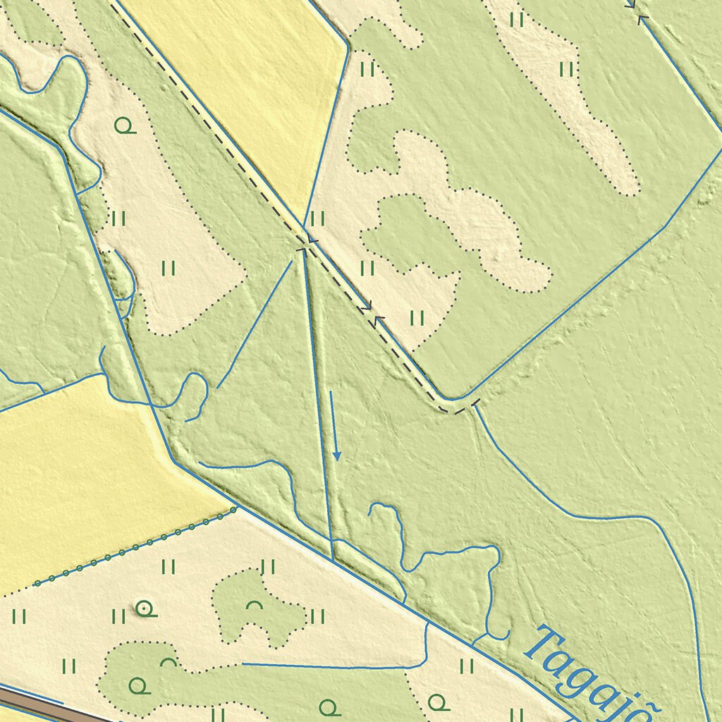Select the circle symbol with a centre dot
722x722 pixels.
pyautogui.click(x=145, y=607)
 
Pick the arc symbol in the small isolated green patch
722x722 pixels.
pyautogui.click(x=254, y=605)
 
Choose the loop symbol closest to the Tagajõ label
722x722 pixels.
pyautogui.click(x=438, y=702)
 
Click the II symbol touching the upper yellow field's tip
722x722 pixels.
pyautogui.click(x=317, y=219)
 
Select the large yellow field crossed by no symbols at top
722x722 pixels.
pyautogui.click(x=240, y=78)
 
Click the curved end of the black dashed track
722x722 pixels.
pyautogui.click(x=455, y=409)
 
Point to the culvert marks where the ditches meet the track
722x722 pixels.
pyautogui.click(x=305, y=243)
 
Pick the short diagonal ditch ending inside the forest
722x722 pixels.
pyautogui.click(x=254, y=324)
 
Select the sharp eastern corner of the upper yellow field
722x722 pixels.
pyautogui.click(x=348, y=47)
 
